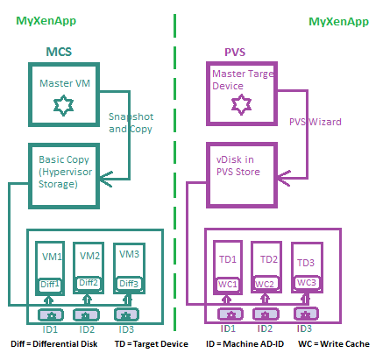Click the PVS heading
(x=233, y=53)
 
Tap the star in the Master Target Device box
(x=238, y=106)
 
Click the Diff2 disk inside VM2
(x=89, y=283)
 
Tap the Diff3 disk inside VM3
(x=129, y=283)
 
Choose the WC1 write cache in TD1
(x=228, y=285)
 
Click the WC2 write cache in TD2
(x=266, y=285)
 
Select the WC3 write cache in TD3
(x=306, y=282)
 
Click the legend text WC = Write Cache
(x=338, y=344)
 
